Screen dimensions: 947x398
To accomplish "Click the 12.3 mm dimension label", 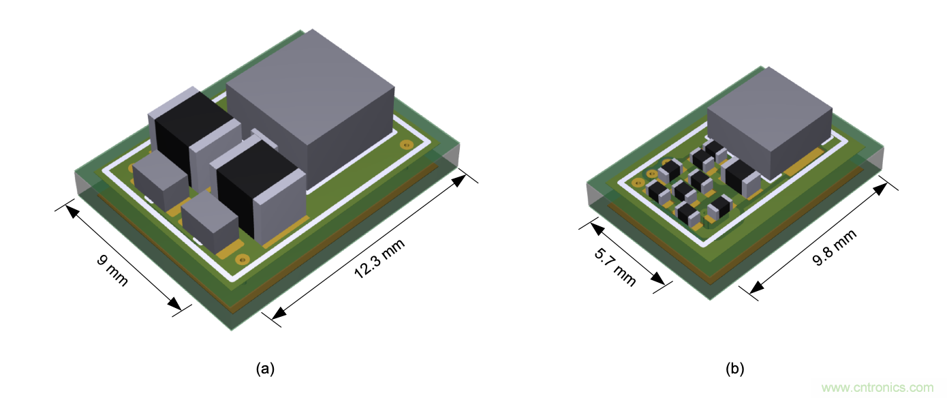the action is coord(379,258).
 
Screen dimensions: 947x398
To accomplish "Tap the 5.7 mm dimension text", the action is coord(615,267).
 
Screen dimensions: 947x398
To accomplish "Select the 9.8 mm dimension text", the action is coord(835,247).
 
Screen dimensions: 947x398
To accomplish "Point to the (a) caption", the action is coord(265,369).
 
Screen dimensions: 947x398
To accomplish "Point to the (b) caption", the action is coord(734,369).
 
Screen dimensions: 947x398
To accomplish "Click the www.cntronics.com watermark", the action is coord(878,387).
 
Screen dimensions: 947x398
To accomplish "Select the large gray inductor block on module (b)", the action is coord(769,123).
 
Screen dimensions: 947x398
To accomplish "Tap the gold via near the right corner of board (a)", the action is coord(406,145).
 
